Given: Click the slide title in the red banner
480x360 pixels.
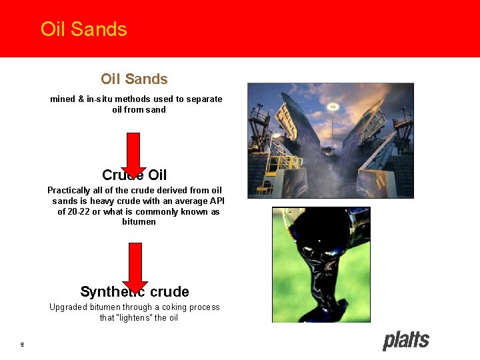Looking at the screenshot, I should (x=83, y=29).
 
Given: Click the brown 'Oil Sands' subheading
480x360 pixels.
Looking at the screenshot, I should (x=134, y=79).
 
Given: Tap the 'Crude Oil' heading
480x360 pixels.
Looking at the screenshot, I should (x=134, y=175).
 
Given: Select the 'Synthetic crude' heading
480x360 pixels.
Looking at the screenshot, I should (x=134, y=291).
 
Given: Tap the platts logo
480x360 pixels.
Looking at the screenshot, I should (x=405, y=341).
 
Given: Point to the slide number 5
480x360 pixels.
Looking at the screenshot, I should (x=22, y=345).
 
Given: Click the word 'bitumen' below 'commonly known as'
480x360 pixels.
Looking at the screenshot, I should (x=139, y=222).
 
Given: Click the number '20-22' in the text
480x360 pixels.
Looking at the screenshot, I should (x=80, y=212).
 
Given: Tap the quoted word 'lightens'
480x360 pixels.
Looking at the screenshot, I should (x=137, y=318).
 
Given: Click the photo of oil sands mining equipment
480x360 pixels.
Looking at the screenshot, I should (x=330, y=140).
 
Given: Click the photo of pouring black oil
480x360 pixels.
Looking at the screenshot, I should (x=321, y=265).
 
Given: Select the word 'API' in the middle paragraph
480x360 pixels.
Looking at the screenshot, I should (x=217, y=201).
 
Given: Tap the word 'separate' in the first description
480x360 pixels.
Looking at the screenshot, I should (x=204, y=99).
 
